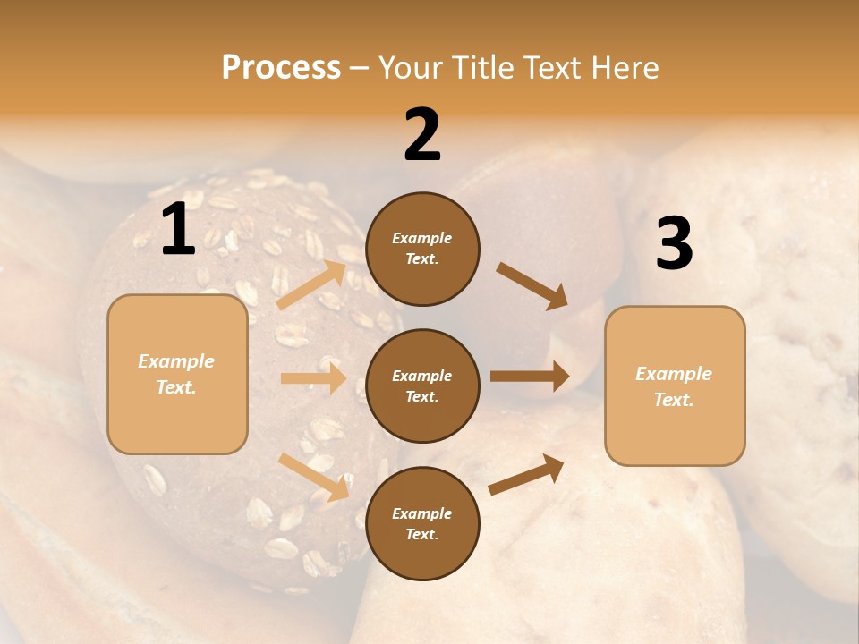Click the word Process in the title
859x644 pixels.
pos(281,68)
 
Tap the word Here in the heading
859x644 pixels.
pos(620,68)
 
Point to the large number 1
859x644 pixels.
pos(178,230)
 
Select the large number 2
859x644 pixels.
pos(422,135)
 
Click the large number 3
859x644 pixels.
pos(674,244)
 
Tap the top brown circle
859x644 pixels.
pos(422,249)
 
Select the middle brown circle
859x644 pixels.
pos(422,386)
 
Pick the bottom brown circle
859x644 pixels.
pos(422,523)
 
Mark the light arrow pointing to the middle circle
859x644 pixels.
pos(313,378)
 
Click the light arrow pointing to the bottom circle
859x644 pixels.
pos(313,477)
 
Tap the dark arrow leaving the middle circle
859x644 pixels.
pos(530,377)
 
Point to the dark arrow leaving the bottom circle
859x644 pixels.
pos(527,474)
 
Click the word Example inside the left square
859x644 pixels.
pos(176,361)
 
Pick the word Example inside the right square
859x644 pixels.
pos(674,374)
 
